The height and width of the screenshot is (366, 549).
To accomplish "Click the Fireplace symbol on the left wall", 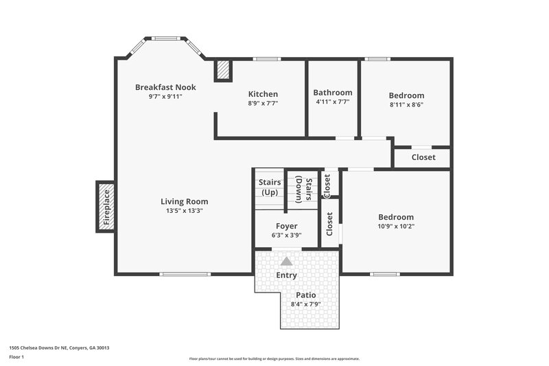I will [x=105, y=207].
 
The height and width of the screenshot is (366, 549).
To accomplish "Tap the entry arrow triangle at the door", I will [x=286, y=261].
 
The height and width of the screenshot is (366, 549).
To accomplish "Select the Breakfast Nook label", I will [x=165, y=87].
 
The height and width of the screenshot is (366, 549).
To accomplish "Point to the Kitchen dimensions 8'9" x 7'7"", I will [x=263, y=104].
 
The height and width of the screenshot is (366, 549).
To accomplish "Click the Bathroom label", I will [x=333, y=93].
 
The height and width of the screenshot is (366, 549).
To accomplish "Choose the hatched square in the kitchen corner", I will [x=223, y=70].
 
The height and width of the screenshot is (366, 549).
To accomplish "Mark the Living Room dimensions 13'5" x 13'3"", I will [x=184, y=211].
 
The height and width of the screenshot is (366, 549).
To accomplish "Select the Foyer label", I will [x=286, y=226].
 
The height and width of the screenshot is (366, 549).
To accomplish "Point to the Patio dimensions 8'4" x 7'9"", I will [x=306, y=304].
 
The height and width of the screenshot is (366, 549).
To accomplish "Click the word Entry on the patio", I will [x=286, y=275].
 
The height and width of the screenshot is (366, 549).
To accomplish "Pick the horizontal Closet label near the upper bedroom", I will [x=423, y=157].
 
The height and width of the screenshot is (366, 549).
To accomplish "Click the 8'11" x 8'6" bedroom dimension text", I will [x=406, y=105].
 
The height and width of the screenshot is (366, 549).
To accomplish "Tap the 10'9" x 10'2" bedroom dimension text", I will [x=396, y=226].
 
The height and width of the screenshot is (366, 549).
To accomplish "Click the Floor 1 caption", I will [x=16, y=358].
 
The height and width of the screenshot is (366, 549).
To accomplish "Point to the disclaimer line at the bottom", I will [x=274, y=358].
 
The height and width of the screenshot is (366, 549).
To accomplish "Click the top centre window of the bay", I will [x=165, y=38].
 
